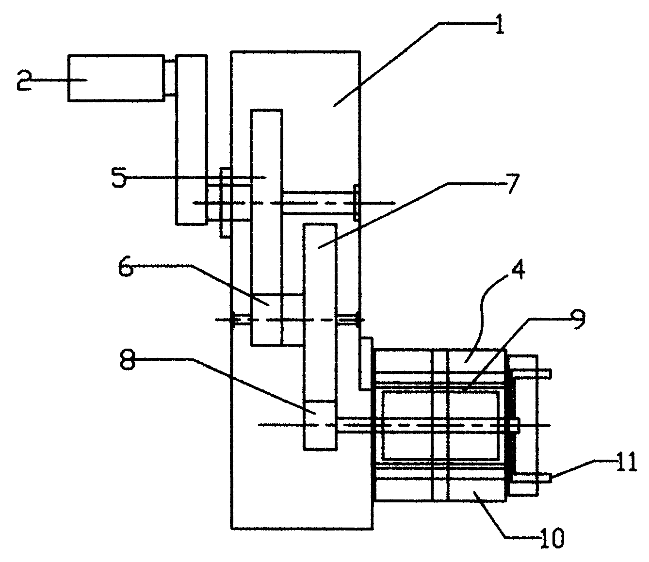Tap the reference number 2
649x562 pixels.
(x=24, y=80)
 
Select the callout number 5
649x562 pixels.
(x=119, y=177)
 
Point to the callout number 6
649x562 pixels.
(x=126, y=266)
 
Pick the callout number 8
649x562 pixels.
(x=128, y=360)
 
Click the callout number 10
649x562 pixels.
(x=552, y=538)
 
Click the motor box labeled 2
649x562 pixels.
(x=116, y=78)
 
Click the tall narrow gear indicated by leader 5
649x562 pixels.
(x=267, y=227)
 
